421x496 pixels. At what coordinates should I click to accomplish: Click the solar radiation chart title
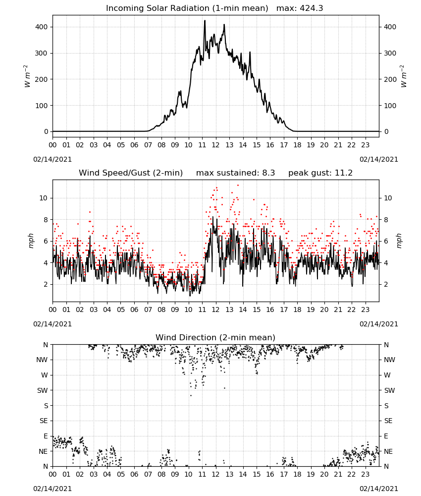click(214, 8)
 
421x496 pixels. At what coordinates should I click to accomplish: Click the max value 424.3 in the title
click(312, 8)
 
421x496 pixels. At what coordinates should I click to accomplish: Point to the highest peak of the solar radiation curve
click(205, 21)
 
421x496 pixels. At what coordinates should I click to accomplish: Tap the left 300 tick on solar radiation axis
click(41, 53)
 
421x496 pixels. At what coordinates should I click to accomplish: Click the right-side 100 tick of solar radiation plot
click(390, 106)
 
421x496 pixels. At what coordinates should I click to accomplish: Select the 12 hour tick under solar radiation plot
click(216, 145)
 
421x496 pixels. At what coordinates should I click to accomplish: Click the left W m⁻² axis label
click(27, 76)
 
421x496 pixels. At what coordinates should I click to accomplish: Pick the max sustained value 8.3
click(268, 173)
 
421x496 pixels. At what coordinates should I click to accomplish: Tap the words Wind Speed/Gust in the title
click(114, 173)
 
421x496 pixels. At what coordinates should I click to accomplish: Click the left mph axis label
click(31, 241)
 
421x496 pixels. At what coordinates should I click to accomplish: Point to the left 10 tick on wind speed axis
click(43, 198)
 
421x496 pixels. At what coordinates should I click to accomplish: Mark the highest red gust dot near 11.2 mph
click(238, 186)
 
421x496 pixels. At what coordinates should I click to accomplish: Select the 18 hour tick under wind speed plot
click(297, 310)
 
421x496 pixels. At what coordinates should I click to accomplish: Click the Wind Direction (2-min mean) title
click(215, 337)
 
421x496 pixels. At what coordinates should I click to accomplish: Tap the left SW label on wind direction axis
click(43, 390)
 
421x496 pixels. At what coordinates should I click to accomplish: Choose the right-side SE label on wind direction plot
click(388, 421)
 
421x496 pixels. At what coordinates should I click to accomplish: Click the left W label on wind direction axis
click(45, 375)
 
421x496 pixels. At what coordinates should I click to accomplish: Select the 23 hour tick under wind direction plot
click(365, 474)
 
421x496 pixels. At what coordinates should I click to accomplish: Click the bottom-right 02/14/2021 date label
click(379, 489)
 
